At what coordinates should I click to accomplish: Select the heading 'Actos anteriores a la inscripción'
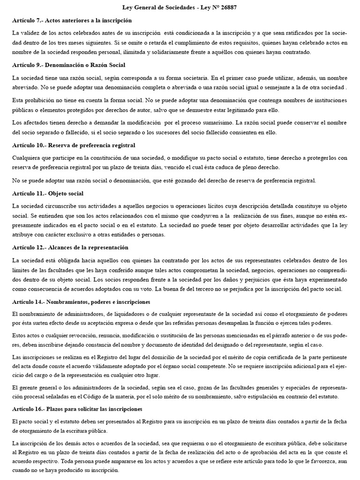tap(88, 21)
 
